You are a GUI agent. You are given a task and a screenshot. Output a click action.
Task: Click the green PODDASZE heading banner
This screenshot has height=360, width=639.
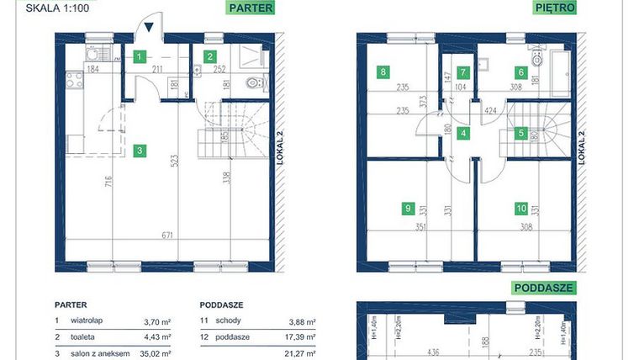pyautogui.click(x=542, y=287)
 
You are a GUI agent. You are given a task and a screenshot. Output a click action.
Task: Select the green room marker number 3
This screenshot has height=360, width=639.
pyautogui.click(x=141, y=151)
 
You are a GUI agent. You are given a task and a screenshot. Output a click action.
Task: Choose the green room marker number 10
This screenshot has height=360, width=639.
pyautogui.click(x=522, y=208)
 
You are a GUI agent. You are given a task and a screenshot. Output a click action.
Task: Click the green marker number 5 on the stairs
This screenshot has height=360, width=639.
pyautogui.click(x=521, y=132)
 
